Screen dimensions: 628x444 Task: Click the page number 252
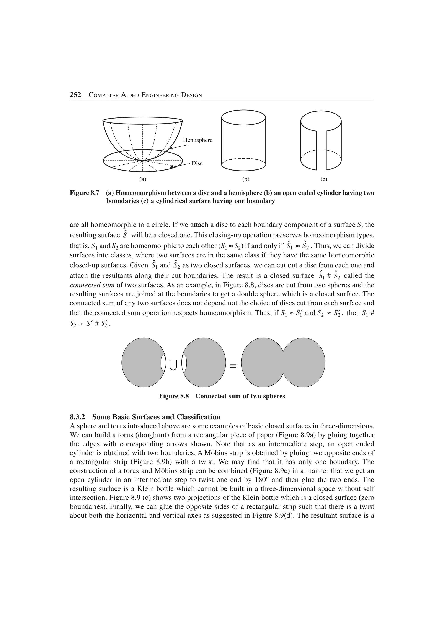coord(75,95)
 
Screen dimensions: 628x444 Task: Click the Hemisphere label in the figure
coord(198,140)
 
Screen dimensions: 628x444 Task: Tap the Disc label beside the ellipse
coord(197,164)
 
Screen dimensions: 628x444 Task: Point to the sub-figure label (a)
coord(143,179)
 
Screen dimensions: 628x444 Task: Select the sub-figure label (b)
coord(246,179)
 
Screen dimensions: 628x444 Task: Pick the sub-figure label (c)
coord(324,179)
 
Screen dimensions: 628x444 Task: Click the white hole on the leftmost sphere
coord(163,363)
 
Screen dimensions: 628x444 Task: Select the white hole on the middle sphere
coord(184,363)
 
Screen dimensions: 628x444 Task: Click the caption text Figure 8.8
coord(174,396)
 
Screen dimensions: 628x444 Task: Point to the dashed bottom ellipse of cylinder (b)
coord(243,159)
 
